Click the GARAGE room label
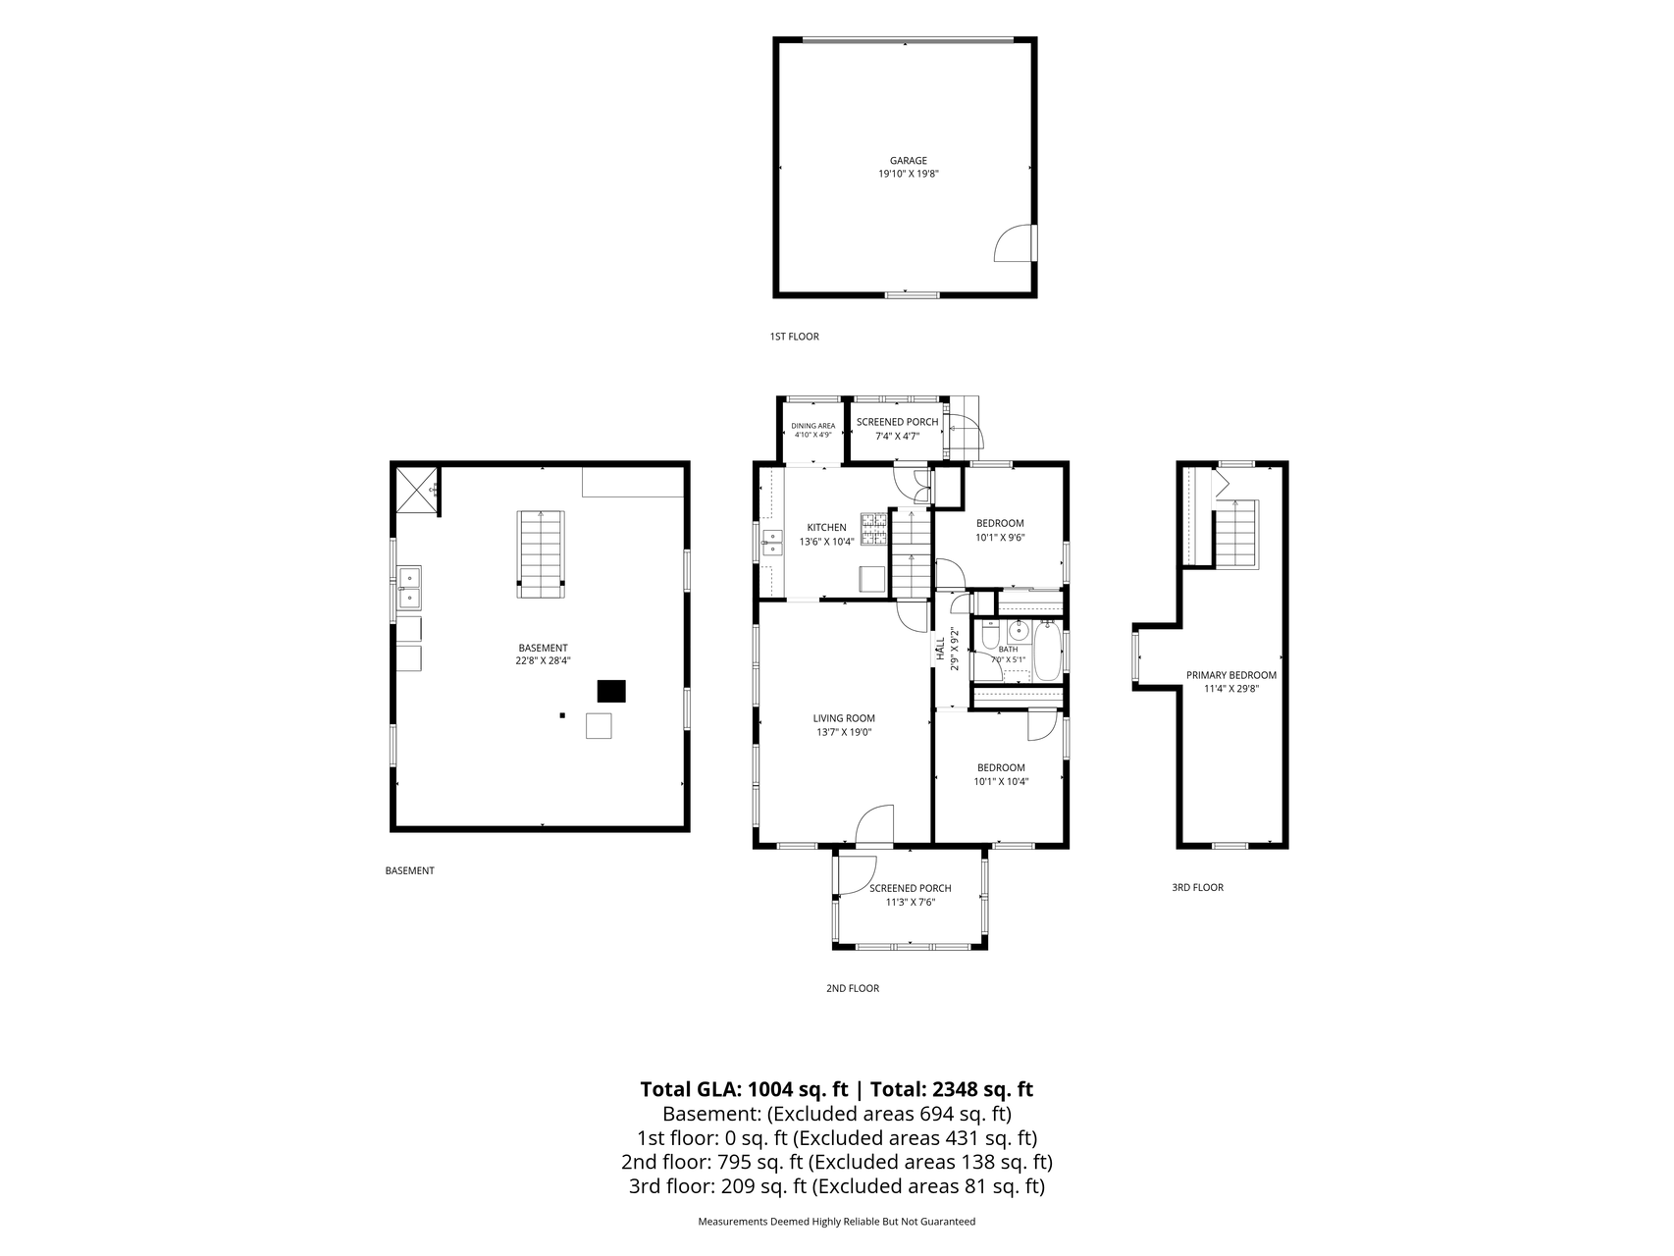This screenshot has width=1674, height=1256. tap(908, 161)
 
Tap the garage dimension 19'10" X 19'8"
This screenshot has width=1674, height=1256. tap(908, 174)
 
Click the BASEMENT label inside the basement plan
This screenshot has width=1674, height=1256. tap(543, 648)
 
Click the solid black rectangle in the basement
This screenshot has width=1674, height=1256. tap(611, 691)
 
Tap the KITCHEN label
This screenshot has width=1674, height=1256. tap(826, 528)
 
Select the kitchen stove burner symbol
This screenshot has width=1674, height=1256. tap(873, 529)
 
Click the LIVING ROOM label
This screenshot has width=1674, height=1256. tap(845, 718)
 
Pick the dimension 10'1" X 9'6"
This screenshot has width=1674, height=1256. tap(1000, 537)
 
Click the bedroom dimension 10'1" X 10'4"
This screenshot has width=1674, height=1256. tap(1001, 781)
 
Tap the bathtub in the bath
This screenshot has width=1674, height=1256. tap(1047, 649)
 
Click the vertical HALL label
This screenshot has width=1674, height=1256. tap(940, 647)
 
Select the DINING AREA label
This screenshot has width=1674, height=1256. tap(812, 426)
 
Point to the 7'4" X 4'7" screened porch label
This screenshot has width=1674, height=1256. tap(897, 435)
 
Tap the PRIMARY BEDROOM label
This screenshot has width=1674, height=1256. tap(1231, 675)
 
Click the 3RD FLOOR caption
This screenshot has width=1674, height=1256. tap(1197, 887)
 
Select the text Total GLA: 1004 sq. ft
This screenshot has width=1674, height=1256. tap(744, 1089)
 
